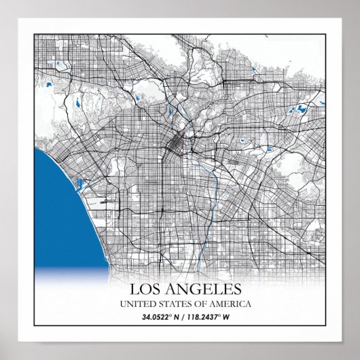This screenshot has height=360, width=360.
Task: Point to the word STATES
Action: [175, 304]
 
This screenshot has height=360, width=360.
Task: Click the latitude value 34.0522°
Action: [156, 317]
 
